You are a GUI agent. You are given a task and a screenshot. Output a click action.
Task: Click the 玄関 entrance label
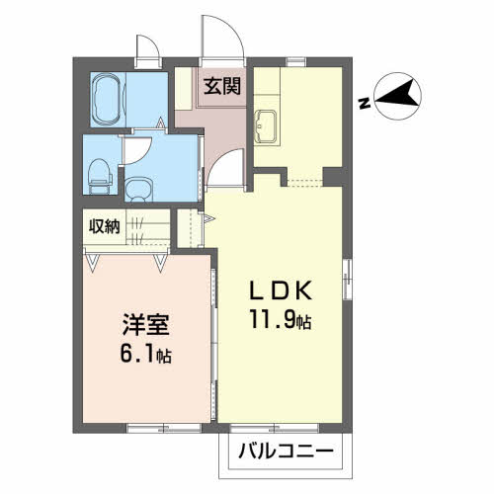point(220,87)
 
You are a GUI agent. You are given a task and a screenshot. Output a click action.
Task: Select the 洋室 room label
point(142,325)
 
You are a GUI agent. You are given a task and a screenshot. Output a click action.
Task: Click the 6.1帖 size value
point(143,355)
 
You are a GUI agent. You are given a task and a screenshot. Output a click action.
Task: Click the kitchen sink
point(267,126)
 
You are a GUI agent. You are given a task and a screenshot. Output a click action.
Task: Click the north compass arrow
point(395,96)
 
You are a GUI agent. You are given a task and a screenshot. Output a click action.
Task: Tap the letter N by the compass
point(364,102)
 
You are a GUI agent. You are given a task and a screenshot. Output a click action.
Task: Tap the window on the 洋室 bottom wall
point(144,427)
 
